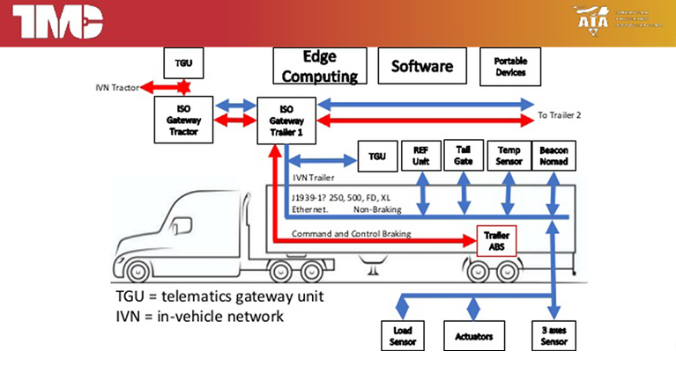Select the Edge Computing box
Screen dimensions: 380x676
(318, 66)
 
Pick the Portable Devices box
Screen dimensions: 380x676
(510, 66)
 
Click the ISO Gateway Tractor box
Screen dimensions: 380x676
(183, 120)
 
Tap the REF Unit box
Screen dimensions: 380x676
(421, 155)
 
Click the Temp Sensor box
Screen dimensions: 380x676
(509, 155)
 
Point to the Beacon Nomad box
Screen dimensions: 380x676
(554, 155)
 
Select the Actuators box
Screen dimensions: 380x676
(476, 335)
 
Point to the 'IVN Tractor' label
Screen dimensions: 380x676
(117, 87)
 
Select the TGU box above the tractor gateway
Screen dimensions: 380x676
(183, 63)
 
